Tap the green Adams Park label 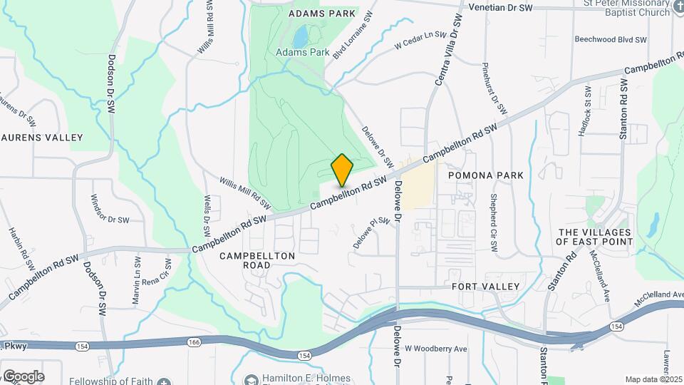[303, 52]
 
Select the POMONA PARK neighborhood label [486, 175]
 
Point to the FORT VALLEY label [486, 286]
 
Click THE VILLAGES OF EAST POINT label [595, 237]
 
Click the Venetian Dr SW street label [501, 7]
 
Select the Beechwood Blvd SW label [610, 40]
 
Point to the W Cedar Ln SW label [420, 39]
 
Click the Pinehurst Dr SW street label [494, 88]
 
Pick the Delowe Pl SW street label [373, 233]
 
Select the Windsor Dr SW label [110, 210]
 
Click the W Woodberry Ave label [435, 349]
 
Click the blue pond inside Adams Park [301, 35]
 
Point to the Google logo [23, 376]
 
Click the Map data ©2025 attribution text [653, 379]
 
